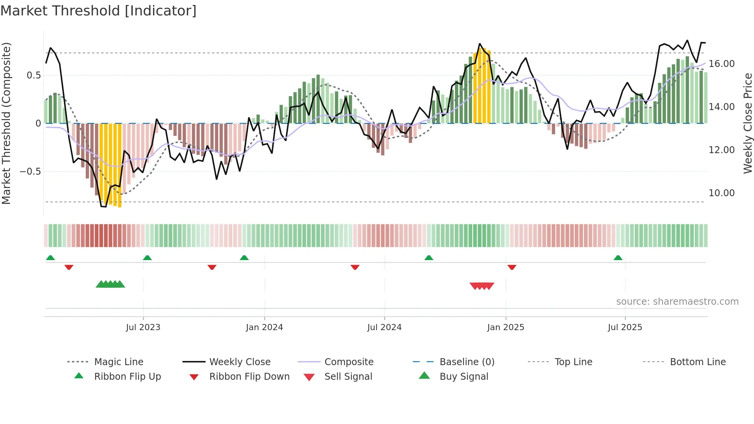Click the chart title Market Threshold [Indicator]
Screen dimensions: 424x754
pos(98,11)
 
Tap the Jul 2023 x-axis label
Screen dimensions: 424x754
pos(143,327)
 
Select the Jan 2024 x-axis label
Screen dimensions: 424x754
pos(264,327)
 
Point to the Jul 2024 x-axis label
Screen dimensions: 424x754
pos(384,327)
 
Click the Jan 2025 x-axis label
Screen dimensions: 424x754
pos(505,327)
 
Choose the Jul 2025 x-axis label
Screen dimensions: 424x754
pos(625,327)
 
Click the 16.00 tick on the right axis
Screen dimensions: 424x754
pos(721,64)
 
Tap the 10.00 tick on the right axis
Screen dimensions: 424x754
pos(721,193)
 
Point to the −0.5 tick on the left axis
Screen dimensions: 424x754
pos(30,172)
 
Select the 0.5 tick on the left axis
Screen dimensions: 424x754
pos(33,75)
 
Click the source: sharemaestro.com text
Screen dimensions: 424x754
pos(677,302)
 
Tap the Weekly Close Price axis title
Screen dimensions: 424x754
pos(747,123)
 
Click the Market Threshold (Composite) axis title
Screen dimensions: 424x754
pos(6,123)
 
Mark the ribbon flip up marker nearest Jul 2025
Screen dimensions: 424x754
pos(618,258)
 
